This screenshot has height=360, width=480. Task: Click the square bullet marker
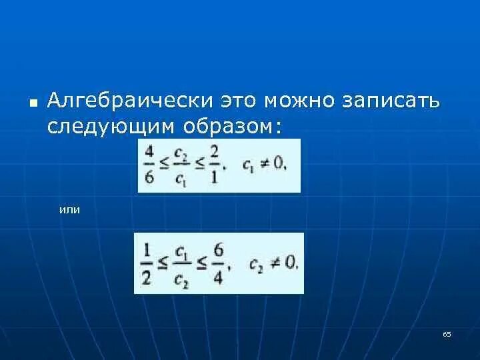pos(33,103)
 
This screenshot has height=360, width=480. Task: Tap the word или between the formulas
pos(69,209)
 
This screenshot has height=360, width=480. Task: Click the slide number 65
pos(447,334)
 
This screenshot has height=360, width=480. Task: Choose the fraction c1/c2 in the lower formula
pos(181,263)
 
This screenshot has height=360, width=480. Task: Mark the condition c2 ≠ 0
pos(273,262)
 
